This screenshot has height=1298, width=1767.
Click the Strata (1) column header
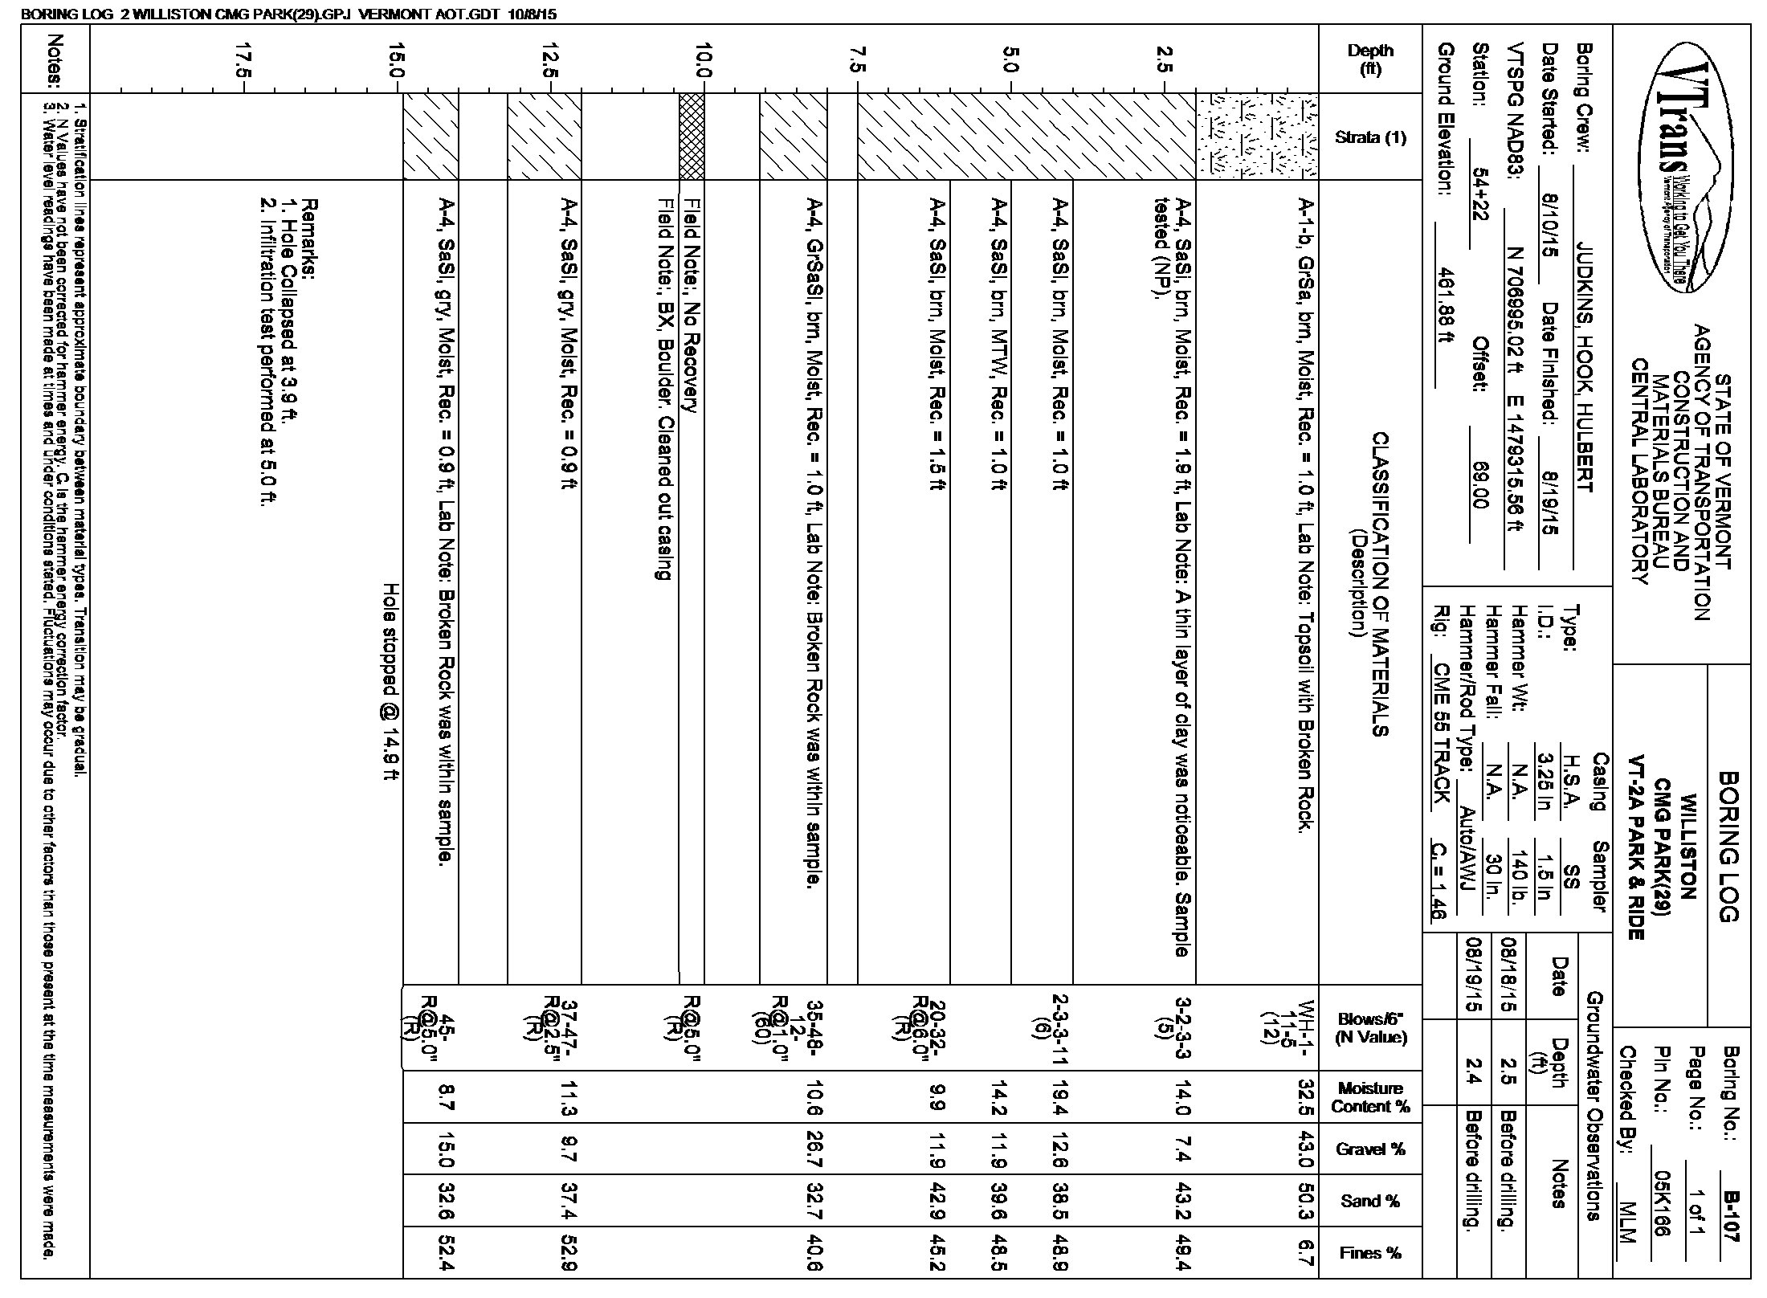coord(1370,137)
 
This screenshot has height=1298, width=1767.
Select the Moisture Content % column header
coord(1370,1097)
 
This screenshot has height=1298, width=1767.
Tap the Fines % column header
coord(1370,1253)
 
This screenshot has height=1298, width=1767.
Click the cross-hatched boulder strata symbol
coord(692,137)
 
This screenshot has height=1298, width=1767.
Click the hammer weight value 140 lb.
coord(1518,885)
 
